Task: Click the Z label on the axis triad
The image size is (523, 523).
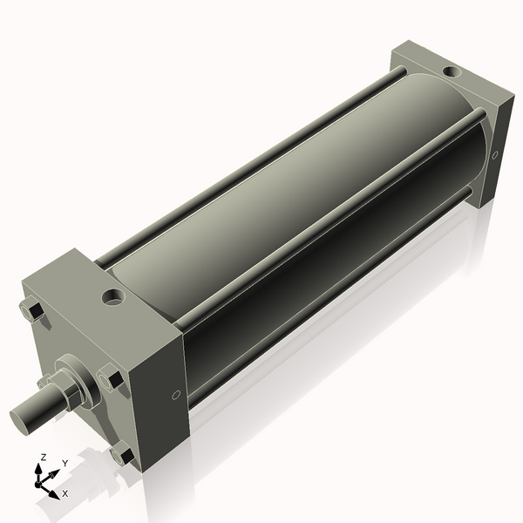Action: tap(44, 458)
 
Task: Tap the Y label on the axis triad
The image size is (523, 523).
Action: tap(65, 463)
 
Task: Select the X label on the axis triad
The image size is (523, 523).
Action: tap(65, 493)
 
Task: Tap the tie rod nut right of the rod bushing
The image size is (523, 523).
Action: tap(111, 380)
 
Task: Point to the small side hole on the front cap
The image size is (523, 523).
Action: tap(177, 395)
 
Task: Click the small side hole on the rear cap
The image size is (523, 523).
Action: tap(494, 157)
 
